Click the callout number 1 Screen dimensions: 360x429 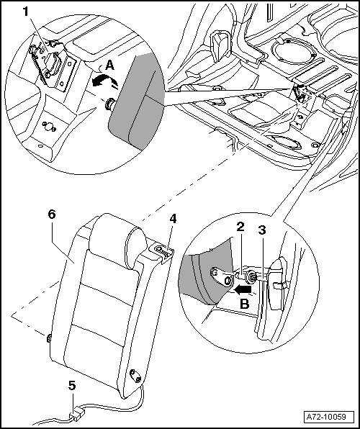click(x=25, y=12)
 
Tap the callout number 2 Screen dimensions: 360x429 click(x=240, y=227)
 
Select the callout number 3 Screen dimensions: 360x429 click(x=262, y=230)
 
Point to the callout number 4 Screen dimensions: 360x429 click(x=173, y=219)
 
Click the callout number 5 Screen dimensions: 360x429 click(x=72, y=386)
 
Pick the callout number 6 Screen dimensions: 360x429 click(x=52, y=214)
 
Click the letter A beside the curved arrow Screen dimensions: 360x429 click(x=109, y=66)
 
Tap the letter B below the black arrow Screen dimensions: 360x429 click(x=245, y=304)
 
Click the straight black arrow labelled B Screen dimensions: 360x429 click(x=243, y=289)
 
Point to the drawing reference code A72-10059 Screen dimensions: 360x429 click(x=326, y=417)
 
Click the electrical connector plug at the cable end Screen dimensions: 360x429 click(x=76, y=417)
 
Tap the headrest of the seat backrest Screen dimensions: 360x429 click(x=117, y=240)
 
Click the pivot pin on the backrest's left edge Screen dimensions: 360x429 click(x=49, y=338)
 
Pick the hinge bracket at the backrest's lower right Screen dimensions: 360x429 click(x=135, y=375)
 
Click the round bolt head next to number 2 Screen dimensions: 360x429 click(x=251, y=277)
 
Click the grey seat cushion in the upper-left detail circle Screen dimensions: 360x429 click(x=137, y=101)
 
